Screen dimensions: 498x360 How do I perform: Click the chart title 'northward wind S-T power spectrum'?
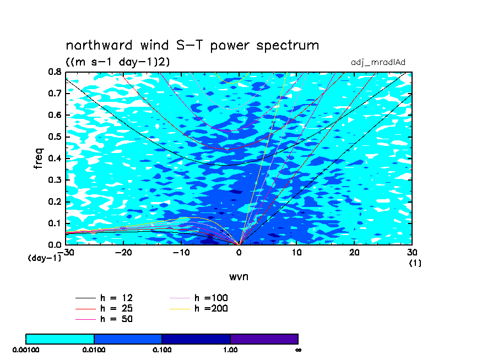tap(192, 46)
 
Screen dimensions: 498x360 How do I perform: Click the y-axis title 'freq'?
tap(38, 158)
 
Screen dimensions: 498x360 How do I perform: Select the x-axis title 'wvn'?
tap(239, 276)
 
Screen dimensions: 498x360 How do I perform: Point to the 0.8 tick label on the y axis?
tap(55, 72)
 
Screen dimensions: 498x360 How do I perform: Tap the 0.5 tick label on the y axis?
tap(55, 137)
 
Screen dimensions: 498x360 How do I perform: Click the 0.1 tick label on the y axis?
tap(55, 223)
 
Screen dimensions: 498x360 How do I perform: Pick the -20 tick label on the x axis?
tap(123, 253)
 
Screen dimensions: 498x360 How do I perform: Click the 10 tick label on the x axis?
tap(296, 253)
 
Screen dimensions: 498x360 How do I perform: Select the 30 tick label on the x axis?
tap(412, 253)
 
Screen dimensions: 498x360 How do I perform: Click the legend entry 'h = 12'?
tap(104, 298)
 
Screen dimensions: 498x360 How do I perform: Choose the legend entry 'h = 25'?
tap(104, 308)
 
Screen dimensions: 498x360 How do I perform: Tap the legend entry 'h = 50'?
tap(104, 319)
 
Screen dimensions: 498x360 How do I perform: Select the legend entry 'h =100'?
tap(198, 298)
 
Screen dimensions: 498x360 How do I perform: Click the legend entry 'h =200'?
tap(198, 308)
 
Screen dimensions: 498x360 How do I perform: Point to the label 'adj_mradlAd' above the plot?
tap(378, 63)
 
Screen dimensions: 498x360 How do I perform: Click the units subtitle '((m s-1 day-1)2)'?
tap(118, 62)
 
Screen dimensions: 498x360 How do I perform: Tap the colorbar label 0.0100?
tap(94, 350)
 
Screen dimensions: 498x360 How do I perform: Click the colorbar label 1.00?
tap(230, 350)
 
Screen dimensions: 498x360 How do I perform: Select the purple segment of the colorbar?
tap(264, 339)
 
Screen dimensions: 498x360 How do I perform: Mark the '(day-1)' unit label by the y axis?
tap(44, 258)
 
